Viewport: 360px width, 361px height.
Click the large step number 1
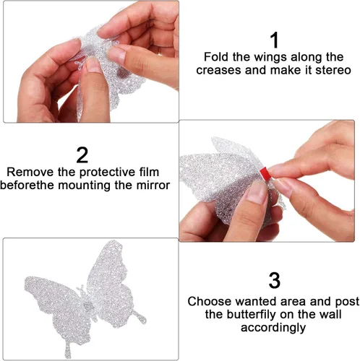click(274, 40)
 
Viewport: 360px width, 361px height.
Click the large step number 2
click(82, 155)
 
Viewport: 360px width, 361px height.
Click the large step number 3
click(274, 279)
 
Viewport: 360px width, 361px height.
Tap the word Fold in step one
click(217, 57)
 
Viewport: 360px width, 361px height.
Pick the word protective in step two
click(106, 173)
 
